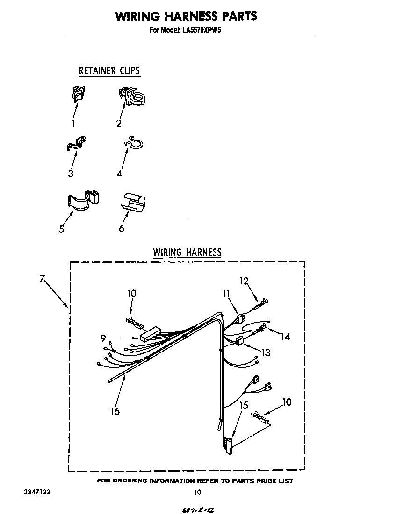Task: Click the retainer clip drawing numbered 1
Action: [x=78, y=94]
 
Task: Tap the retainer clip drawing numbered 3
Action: [x=77, y=144]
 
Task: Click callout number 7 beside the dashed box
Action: [x=42, y=279]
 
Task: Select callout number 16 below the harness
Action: [x=115, y=410]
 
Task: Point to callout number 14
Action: [x=285, y=336]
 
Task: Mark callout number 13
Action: [x=266, y=352]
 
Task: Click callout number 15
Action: [x=244, y=406]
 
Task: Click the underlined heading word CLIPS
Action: [x=129, y=70]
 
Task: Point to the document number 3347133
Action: [x=37, y=492]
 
